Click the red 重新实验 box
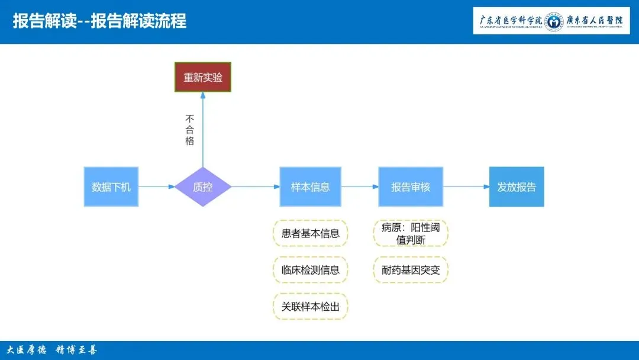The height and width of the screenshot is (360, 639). [203, 77]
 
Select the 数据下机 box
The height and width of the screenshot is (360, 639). [111, 187]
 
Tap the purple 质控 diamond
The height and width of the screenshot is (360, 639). [203, 187]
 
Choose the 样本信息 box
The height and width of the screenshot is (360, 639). [310, 187]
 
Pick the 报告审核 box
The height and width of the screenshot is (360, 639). [411, 187]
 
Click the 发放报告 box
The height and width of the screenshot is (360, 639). [517, 187]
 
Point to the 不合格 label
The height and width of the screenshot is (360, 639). [189, 130]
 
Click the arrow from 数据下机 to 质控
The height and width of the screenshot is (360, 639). [157, 187]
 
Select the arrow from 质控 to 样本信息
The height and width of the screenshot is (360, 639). [255, 187]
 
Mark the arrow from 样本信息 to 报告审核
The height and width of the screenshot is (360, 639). [360, 187]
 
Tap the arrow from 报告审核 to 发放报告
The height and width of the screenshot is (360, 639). [466, 187]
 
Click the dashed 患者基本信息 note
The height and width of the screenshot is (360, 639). [310, 233]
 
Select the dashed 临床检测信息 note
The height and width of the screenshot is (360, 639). [310, 270]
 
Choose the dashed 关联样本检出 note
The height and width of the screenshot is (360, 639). [310, 306]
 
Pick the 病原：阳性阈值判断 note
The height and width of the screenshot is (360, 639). [411, 233]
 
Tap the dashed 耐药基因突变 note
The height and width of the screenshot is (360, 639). [411, 270]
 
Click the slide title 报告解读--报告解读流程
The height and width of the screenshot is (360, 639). [99, 21]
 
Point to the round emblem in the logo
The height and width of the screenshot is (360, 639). [554, 21]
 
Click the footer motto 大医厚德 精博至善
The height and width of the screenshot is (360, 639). [51, 350]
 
